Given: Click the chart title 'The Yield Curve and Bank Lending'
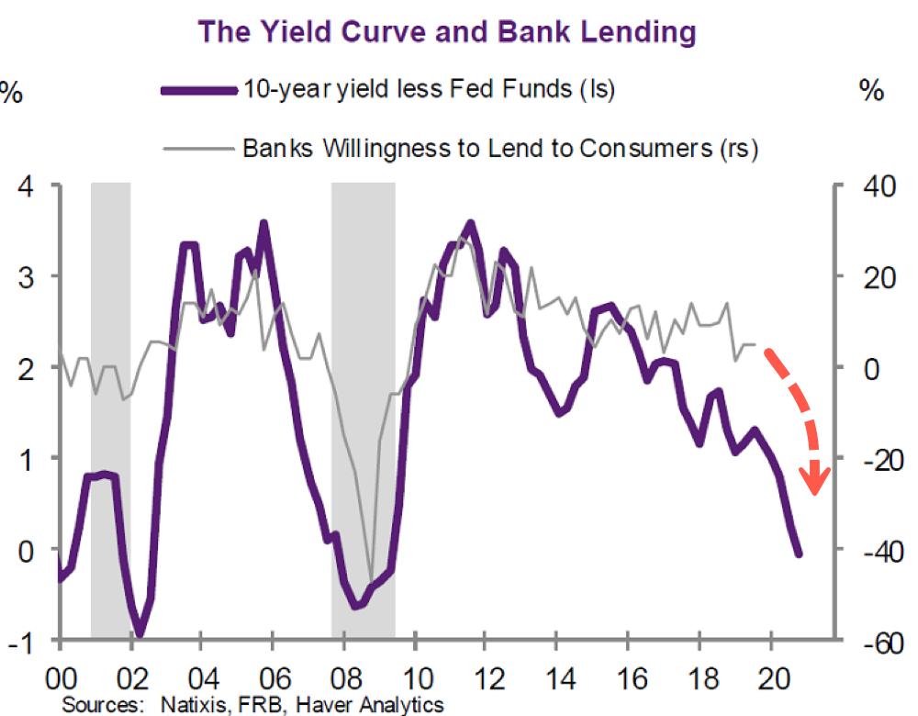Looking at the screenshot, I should (x=447, y=32).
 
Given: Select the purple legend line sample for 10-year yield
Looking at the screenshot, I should (x=198, y=90).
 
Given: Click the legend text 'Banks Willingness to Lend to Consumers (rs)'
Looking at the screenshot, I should (x=499, y=148).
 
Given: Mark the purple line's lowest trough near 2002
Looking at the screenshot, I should (x=140, y=632).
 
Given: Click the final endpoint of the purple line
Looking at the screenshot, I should (x=798, y=554).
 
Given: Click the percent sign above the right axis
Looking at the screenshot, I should (x=871, y=91).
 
